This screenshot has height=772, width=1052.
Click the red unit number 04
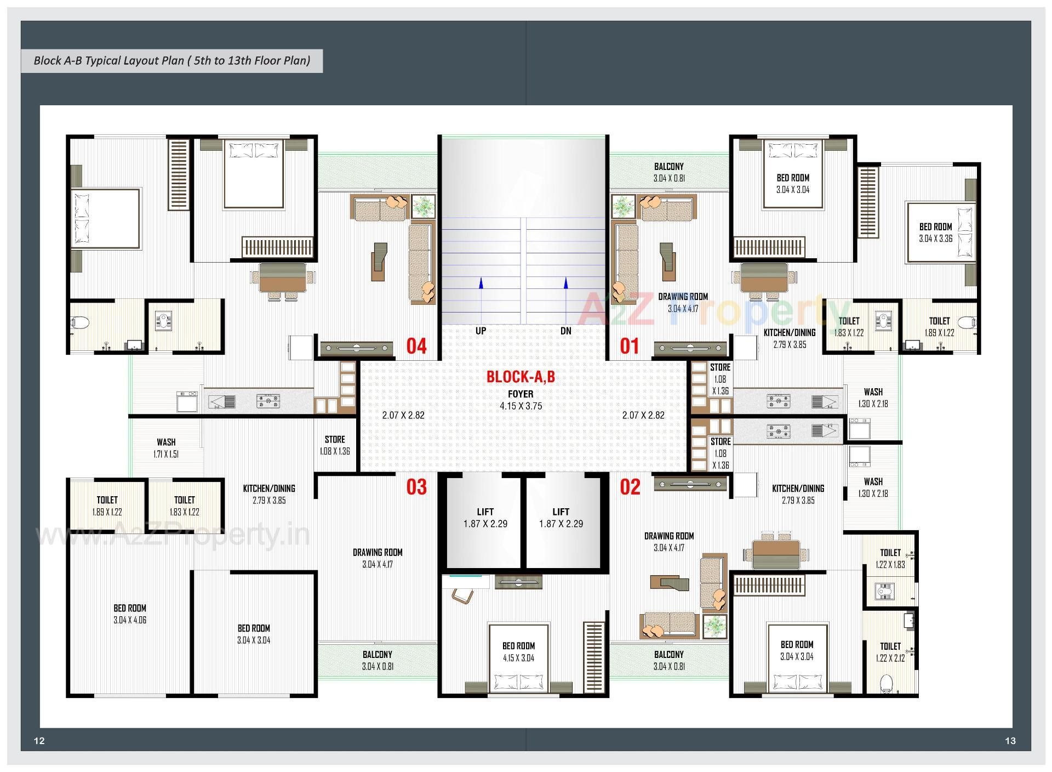416,346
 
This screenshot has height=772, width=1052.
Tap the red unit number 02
630,486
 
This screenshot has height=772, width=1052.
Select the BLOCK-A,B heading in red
521,377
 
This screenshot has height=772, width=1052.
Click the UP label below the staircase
481,331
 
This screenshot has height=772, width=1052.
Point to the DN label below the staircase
565,331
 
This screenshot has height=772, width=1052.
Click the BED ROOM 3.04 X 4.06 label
130,614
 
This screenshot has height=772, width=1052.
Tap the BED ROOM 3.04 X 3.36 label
935,232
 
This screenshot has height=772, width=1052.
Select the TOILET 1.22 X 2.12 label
890,652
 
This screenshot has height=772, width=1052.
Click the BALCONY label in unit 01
668,167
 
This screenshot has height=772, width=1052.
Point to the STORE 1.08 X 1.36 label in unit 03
335,445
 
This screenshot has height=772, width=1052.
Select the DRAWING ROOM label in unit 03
378,553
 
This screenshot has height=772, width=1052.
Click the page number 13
1010,741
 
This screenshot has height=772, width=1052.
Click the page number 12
39,741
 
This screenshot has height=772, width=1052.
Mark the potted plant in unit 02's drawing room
714,627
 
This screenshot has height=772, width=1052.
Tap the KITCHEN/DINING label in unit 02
798,488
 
